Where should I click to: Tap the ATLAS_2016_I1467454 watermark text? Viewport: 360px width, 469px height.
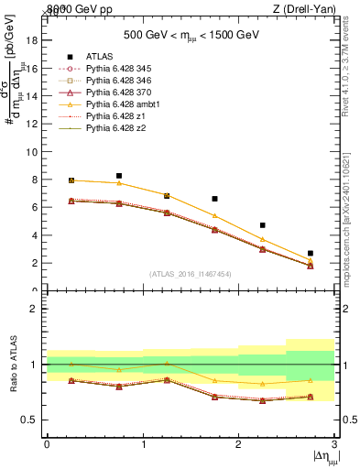click(191, 273)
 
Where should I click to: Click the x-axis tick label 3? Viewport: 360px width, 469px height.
click(335, 444)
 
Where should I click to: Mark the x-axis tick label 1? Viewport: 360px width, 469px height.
click(143, 444)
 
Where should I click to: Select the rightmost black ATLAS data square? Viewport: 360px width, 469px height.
click(311, 253)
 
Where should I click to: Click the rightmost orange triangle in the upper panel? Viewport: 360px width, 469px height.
click(311, 260)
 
